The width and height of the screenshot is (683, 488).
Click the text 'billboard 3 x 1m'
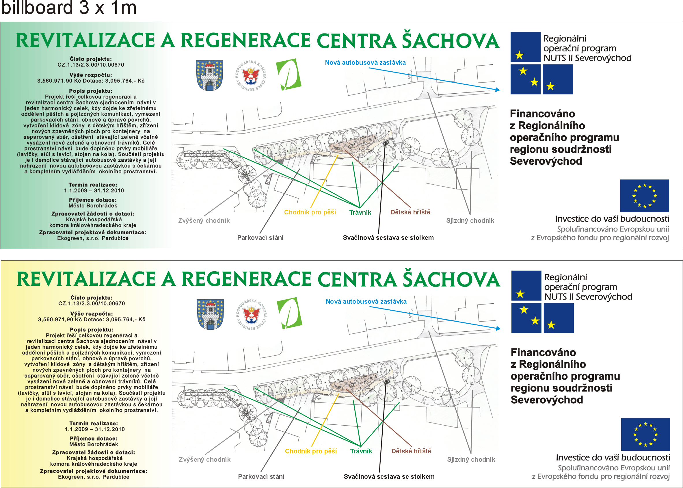point(69,8)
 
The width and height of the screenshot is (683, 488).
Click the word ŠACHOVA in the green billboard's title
point(451,41)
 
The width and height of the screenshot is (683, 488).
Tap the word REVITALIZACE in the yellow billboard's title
point(86,279)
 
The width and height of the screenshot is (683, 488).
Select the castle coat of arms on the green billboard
point(209,75)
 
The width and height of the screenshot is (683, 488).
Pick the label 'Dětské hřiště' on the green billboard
point(410,212)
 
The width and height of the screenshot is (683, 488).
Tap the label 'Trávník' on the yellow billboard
point(361,451)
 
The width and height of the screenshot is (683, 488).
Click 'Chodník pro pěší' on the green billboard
point(310,212)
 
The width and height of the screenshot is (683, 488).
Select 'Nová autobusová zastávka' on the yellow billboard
point(366,301)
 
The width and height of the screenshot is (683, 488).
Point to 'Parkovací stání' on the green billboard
point(260,238)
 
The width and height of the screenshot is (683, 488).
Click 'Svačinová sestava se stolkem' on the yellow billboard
point(389,476)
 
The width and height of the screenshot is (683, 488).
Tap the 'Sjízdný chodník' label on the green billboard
point(470,220)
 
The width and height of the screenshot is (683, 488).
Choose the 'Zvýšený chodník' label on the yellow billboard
point(204,459)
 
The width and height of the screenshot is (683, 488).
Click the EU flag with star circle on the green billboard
point(644,196)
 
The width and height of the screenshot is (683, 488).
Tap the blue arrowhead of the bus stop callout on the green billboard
point(497,90)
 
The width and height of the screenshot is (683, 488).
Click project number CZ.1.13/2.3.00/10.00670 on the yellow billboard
point(92,303)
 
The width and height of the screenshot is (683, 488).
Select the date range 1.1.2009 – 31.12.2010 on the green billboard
point(94,190)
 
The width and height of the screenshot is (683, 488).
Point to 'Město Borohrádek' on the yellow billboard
point(94,444)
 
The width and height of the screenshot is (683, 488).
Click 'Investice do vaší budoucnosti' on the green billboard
point(612,219)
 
